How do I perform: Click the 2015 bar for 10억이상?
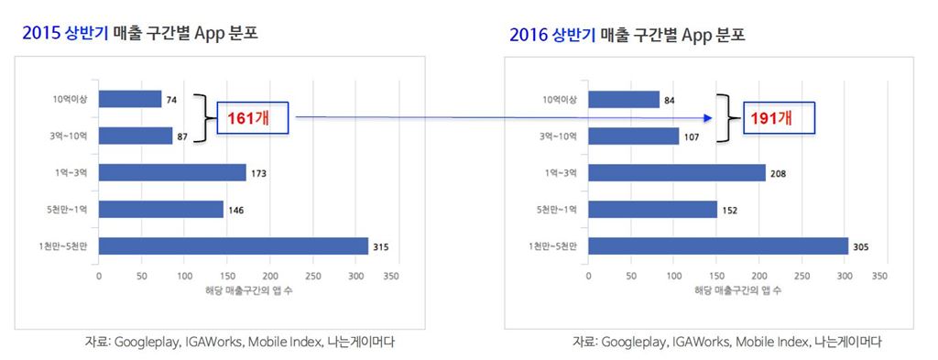[x=129, y=99]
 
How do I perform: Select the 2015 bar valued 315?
[x=233, y=245]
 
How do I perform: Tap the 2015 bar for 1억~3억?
[x=172, y=172]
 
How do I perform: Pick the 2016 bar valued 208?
[x=677, y=172]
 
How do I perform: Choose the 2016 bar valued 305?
[x=718, y=245]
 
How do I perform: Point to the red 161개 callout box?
[x=252, y=118]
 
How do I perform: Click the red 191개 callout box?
[x=778, y=118]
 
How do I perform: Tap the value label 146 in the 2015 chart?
[x=237, y=210]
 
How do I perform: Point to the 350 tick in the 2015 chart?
[x=391, y=275]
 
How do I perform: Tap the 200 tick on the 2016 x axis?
[x=759, y=275]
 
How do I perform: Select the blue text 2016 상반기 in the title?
[x=552, y=37]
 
